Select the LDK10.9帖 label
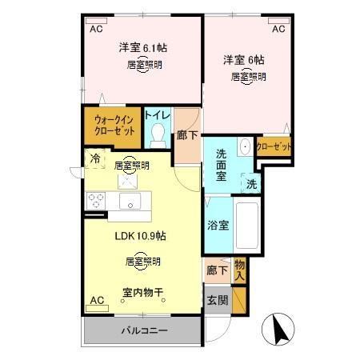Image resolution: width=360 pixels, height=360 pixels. pyautogui.click(x=140, y=235)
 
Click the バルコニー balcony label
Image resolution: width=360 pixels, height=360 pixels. pyautogui.click(x=143, y=330)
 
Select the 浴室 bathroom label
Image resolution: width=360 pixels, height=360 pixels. pyautogui.click(x=218, y=225)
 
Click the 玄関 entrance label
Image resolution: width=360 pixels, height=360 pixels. pyautogui.click(x=217, y=301)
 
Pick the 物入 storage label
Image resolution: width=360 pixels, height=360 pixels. pyautogui.click(x=239, y=269)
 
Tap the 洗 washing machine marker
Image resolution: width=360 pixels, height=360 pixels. pyautogui.click(x=251, y=184)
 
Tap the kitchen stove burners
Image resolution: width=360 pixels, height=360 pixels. pyautogui.click(x=96, y=199)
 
